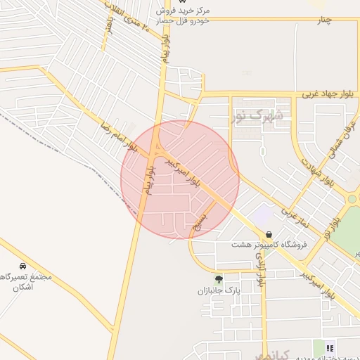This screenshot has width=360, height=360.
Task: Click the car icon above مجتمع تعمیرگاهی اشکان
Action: coord(24,266)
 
